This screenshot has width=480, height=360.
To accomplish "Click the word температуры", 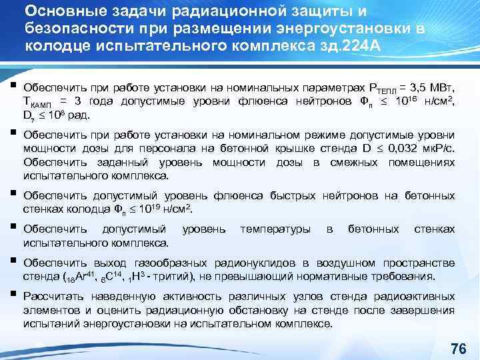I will click(x=275, y=229).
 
